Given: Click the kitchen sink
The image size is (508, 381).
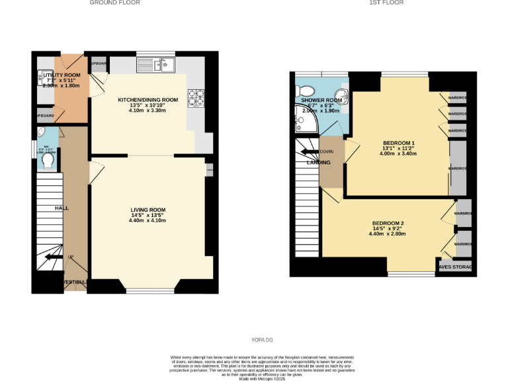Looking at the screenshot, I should (x=156, y=64).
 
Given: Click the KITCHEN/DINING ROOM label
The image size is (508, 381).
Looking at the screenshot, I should (x=148, y=100).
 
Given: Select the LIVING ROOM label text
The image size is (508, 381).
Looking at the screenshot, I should (x=148, y=210).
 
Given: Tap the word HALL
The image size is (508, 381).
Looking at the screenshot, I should (x=61, y=208).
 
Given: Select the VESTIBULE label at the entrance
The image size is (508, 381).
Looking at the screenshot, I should (x=74, y=282).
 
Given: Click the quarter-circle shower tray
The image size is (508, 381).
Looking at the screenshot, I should (x=304, y=120).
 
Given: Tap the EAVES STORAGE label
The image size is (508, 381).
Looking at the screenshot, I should (x=456, y=267).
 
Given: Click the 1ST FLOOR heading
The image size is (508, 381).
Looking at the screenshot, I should (x=386, y=3).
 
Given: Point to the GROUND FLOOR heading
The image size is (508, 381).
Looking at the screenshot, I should (x=114, y=3).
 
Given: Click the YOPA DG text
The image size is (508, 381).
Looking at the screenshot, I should (x=262, y=340).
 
